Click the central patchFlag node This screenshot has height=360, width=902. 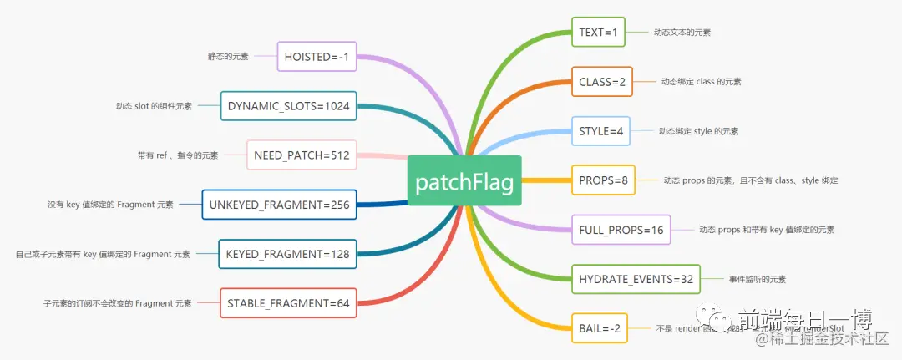pos(464,180)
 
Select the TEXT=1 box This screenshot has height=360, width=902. pos(598,33)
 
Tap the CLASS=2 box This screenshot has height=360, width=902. pos(601,82)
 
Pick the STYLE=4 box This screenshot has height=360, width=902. pos(600,131)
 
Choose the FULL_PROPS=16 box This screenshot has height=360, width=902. pos(621,229)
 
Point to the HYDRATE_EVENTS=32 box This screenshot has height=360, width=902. pos(636,279)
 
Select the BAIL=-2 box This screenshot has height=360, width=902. pos(599,328)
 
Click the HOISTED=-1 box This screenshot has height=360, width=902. pos(317,57)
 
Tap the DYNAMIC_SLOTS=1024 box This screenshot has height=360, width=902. pos(288,106)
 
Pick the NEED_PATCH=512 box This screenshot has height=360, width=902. pos(302,155)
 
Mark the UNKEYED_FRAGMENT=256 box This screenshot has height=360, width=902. pos(279,205)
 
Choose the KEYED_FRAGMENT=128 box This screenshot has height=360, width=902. pos(287,254)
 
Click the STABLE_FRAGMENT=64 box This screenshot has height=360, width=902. pos(287,303)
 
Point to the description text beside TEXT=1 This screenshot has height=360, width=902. pos(682,33)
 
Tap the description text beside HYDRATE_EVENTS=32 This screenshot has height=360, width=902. pos(757,279)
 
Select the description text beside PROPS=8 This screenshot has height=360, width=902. pos(750,180)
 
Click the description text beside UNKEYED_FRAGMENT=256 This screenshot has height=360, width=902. pos(110,205)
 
